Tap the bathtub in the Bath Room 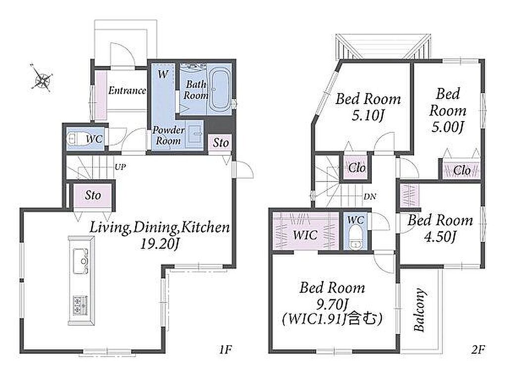click(220, 89)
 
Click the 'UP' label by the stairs click(120, 167)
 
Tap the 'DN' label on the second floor click(369, 196)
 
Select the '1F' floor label click(225, 350)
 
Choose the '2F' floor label click(478, 350)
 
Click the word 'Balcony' click(419, 310)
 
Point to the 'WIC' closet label click(305, 235)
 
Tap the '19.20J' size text click(159, 244)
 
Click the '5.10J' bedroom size click(368, 115)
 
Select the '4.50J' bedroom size click(440, 237)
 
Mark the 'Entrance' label click(127, 90)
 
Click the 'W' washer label click(163, 74)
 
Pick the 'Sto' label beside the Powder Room click(221, 142)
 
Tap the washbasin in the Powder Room click(196, 133)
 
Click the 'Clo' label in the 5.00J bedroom click(462, 170)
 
